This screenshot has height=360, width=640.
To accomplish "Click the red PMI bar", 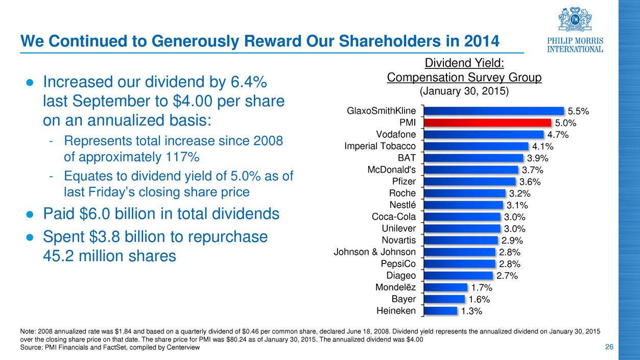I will pos(487,123).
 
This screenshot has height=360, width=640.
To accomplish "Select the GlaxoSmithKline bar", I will pos(493,111).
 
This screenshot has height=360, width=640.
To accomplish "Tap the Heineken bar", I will pos(440,310).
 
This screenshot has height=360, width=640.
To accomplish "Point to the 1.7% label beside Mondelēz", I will pos(482,287).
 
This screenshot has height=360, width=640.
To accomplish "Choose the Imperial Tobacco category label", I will pos(380,147).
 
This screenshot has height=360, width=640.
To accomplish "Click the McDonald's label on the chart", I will pos(391,170).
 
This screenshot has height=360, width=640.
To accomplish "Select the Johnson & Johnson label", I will pos(374,252).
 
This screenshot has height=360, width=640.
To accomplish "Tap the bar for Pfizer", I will pos(469,181).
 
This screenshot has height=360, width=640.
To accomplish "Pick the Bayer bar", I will pos(444,299).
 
